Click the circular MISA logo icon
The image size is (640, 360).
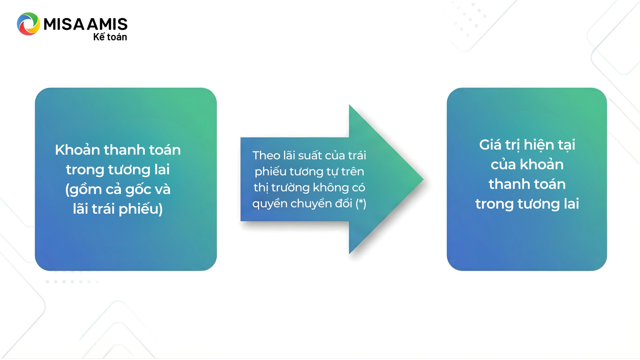pyautogui.click(x=28, y=24)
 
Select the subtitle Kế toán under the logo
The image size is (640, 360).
pyautogui.click(x=110, y=37)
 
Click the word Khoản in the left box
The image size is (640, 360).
pyautogui.click(x=77, y=150)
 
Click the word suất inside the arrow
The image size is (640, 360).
pyautogui.click(x=310, y=155)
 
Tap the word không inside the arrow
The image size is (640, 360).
pyautogui.click(x=330, y=188)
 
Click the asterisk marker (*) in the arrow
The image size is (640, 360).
pyautogui.click(x=361, y=203)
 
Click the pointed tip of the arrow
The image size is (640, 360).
pyautogui.click(x=423, y=179)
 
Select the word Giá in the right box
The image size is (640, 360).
pyautogui.click(x=490, y=145)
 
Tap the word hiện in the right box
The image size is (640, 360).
pyautogui.click(x=539, y=145)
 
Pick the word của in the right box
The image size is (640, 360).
pyautogui.click(x=503, y=164)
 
